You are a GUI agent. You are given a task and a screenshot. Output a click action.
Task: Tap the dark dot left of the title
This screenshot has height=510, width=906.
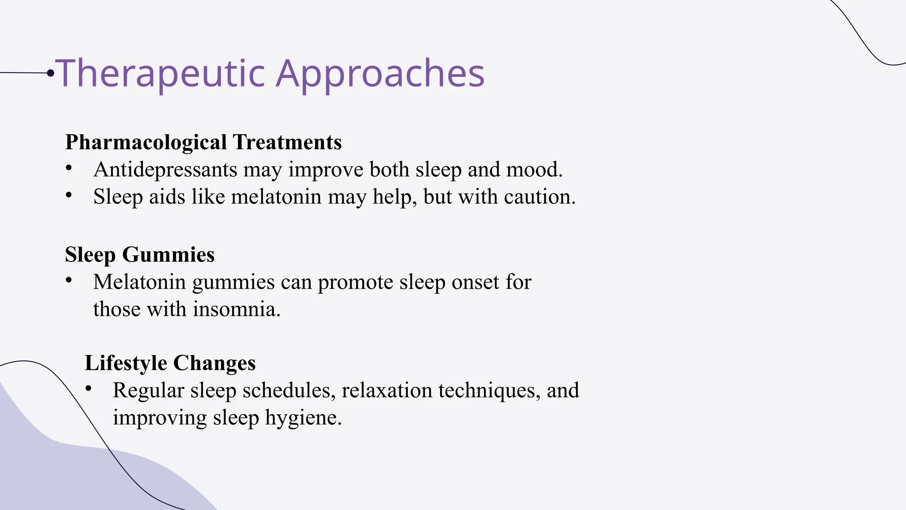tap(50, 73)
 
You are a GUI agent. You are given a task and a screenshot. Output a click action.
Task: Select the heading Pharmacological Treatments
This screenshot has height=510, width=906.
tap(203, 142)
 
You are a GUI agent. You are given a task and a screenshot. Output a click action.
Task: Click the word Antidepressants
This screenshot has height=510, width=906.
tap(165, 170)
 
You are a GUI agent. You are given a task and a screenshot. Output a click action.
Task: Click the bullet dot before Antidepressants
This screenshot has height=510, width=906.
tap(68, 168)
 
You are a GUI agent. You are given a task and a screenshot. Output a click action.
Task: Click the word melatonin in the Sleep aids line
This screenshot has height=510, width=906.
tap(276, 197)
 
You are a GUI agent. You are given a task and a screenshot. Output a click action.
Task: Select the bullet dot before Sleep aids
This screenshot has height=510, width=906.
tap(68, 195)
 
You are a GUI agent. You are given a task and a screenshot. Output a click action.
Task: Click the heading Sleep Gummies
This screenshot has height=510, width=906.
tap(139, 255)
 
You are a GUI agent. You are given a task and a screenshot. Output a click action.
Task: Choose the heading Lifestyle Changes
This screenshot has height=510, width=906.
tap(170, 363)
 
